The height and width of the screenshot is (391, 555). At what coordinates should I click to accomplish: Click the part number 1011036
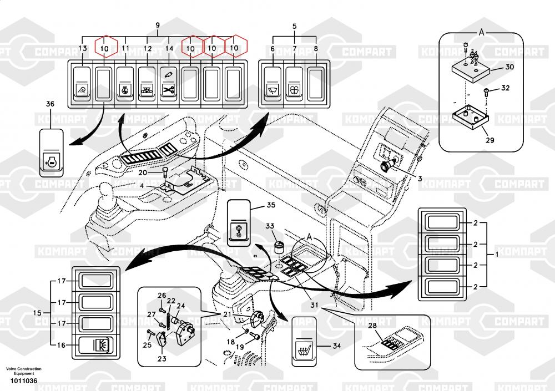22,380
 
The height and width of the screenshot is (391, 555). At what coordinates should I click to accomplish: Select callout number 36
51,104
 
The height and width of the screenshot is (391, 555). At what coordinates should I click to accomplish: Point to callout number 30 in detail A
509,67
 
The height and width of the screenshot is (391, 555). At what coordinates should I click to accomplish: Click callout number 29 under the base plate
490,140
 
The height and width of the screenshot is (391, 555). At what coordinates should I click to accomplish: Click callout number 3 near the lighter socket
420,178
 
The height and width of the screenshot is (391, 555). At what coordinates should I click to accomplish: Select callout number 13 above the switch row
83,49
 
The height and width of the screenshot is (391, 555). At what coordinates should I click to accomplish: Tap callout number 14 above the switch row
169,49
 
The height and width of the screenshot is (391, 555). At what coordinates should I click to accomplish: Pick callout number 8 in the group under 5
316,49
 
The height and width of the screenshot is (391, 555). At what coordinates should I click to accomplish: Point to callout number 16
61,344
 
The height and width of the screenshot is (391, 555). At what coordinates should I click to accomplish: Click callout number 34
336,346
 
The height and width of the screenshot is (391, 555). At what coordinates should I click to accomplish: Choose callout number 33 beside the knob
270,226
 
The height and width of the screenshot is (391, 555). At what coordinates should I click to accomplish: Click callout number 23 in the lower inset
162,358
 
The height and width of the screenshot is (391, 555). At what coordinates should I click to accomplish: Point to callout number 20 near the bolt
144,172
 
